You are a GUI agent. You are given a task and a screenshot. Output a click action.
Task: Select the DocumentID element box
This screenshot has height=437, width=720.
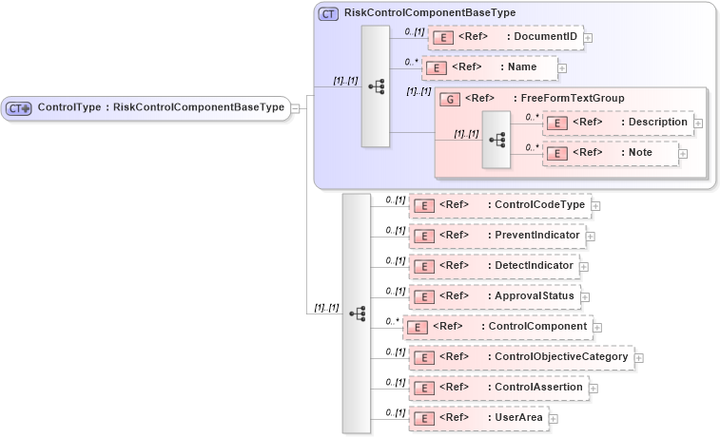(505, 37)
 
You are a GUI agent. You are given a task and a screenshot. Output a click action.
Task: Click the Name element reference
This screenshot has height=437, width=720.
(489, 67)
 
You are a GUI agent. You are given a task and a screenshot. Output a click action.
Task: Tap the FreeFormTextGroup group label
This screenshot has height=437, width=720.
(544, 98)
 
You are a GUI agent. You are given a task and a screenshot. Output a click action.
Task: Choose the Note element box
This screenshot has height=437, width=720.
(610, 153)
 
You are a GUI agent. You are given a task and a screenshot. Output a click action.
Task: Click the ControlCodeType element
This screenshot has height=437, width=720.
(498, 204)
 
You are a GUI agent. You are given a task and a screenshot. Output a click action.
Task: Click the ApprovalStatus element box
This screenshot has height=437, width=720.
(493, 296)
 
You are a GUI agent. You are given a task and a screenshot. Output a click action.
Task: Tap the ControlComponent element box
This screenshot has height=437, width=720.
(496, 327)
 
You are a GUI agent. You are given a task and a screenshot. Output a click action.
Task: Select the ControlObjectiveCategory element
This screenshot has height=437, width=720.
(520, 357)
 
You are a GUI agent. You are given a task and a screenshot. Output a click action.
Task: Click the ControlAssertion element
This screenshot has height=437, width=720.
(496, 388)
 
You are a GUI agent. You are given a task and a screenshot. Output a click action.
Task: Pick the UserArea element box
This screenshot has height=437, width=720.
(477, 418)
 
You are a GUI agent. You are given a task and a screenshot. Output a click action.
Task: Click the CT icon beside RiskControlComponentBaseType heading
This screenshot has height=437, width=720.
(328, 13)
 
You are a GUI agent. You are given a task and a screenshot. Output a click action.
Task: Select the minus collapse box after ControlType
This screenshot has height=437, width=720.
(296, 108)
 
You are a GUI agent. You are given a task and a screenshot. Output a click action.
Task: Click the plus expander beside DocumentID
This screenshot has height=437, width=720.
(588, 38)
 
